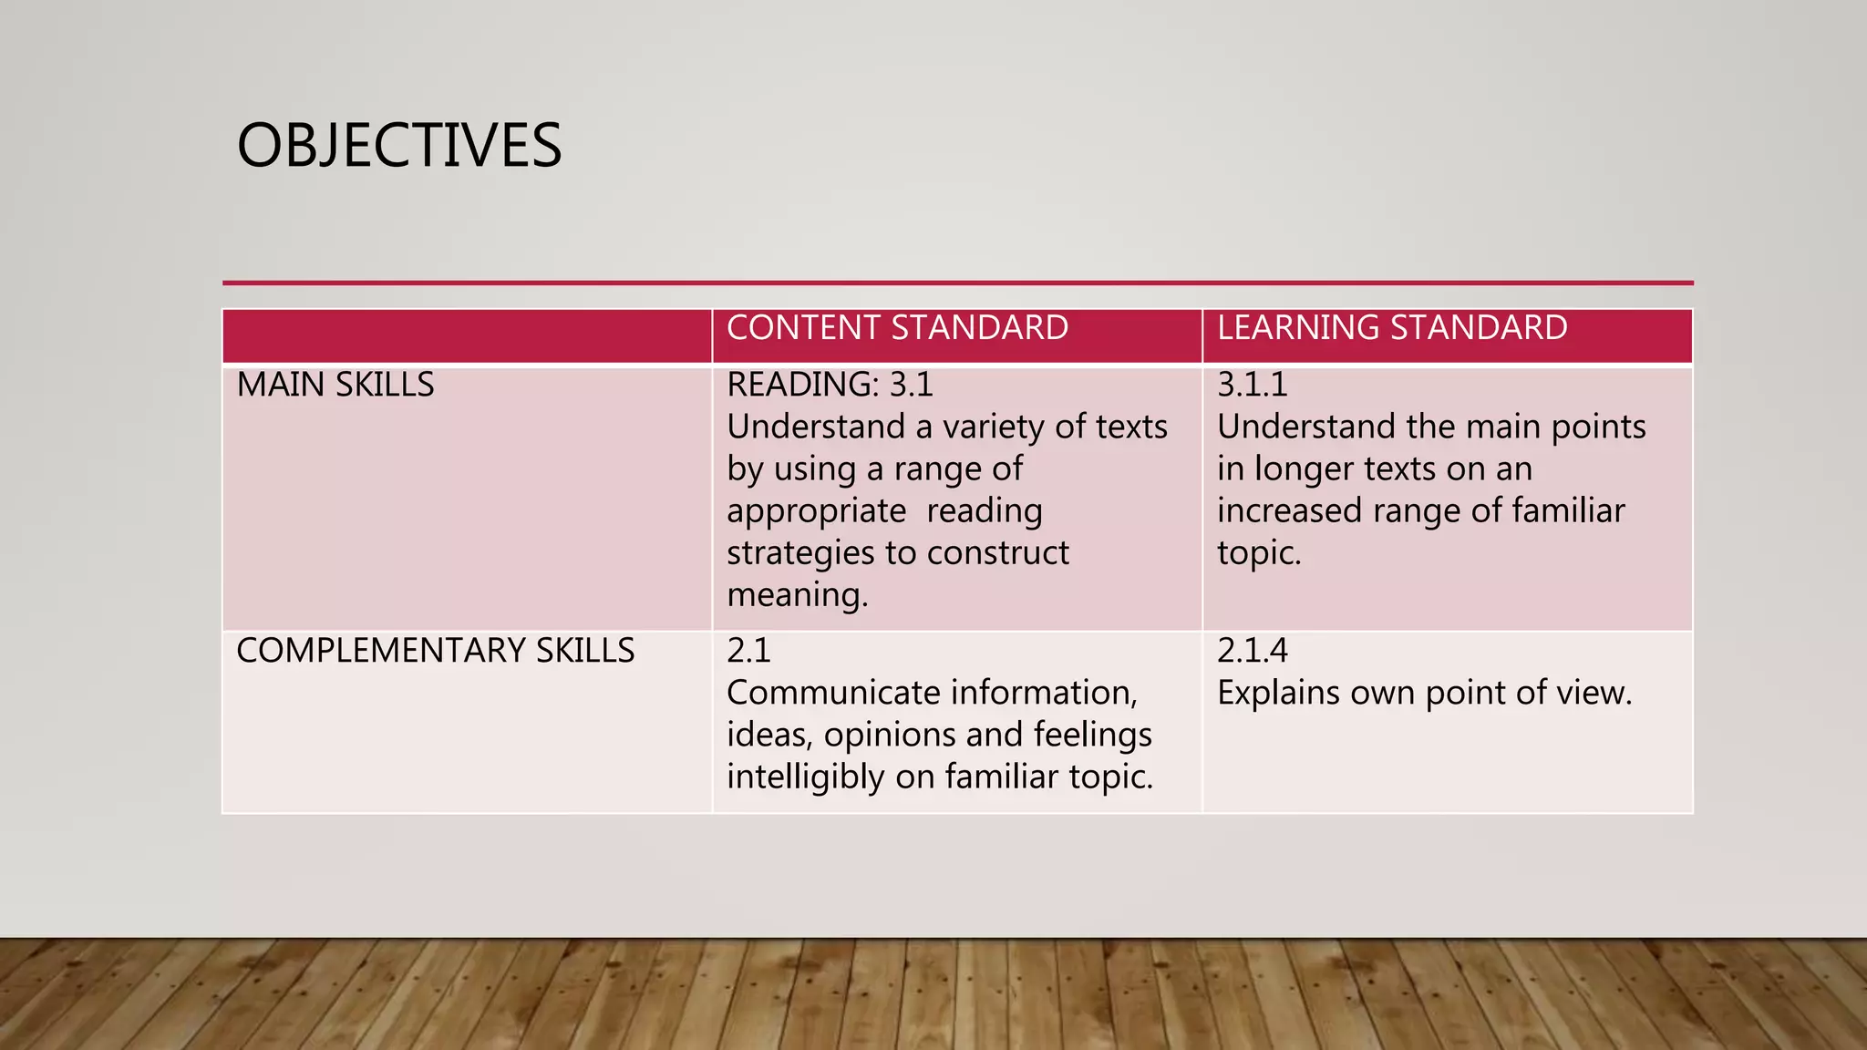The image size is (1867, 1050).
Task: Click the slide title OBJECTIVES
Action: click(399, 146)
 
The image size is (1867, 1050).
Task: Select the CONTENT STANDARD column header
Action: click(897, 328)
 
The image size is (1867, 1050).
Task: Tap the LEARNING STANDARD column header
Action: click(1392, 328)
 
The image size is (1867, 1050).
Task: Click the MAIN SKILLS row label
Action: click(335, 385)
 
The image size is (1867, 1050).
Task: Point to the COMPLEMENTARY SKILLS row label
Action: click(435, 651)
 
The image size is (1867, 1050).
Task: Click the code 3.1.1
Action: click(1252, 385)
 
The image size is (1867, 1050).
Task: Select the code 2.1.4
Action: click(1252, 651)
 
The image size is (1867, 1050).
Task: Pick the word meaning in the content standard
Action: click(796, 595)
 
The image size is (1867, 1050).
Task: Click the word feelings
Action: click(1093, 735)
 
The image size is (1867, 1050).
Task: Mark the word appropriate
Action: click(816, 511)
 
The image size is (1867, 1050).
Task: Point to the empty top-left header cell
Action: click(467, 335)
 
